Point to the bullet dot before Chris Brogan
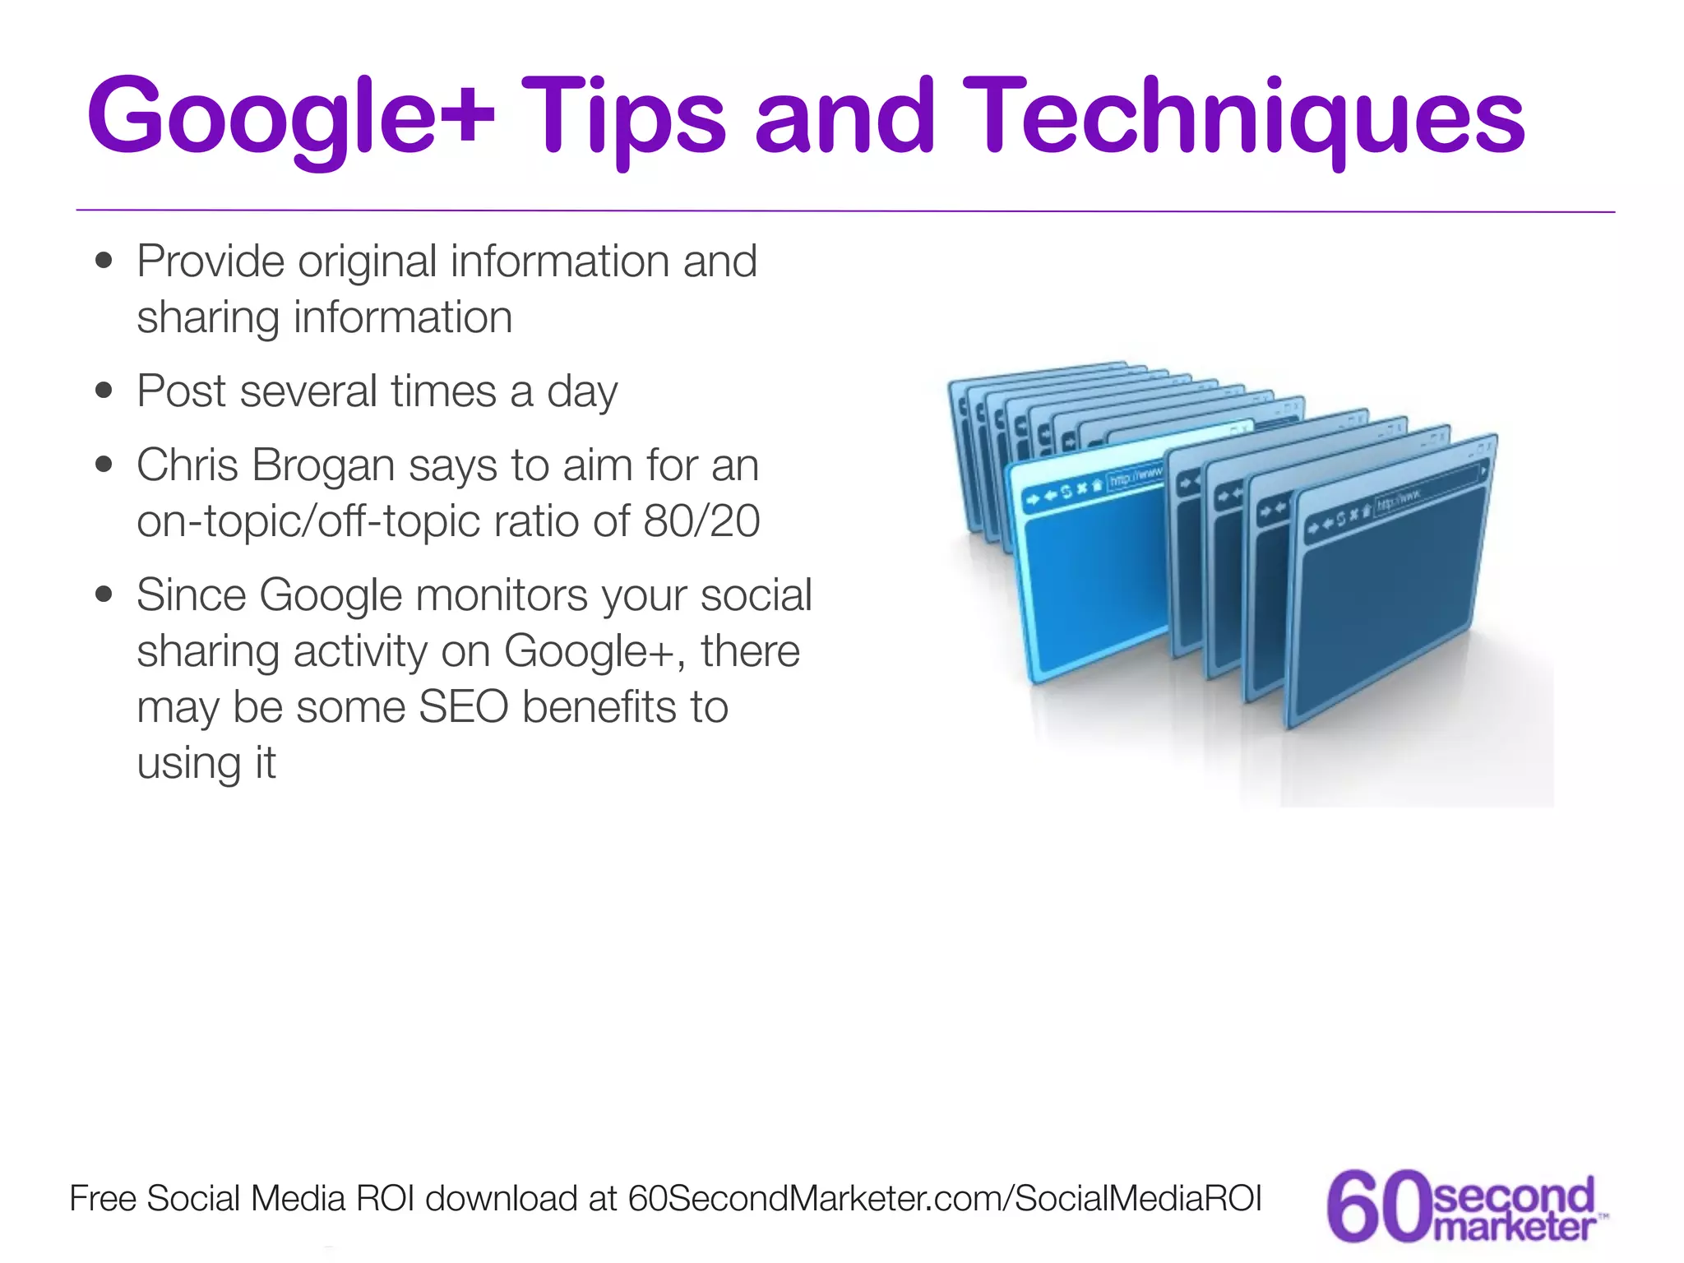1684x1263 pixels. point(104,465)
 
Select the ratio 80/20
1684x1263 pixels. point(701,521)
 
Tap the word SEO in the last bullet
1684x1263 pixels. point(463,707)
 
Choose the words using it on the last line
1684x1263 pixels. point(206,764)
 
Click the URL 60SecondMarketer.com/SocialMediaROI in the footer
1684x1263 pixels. point(944,1199)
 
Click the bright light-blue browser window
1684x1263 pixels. point(1094,576)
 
